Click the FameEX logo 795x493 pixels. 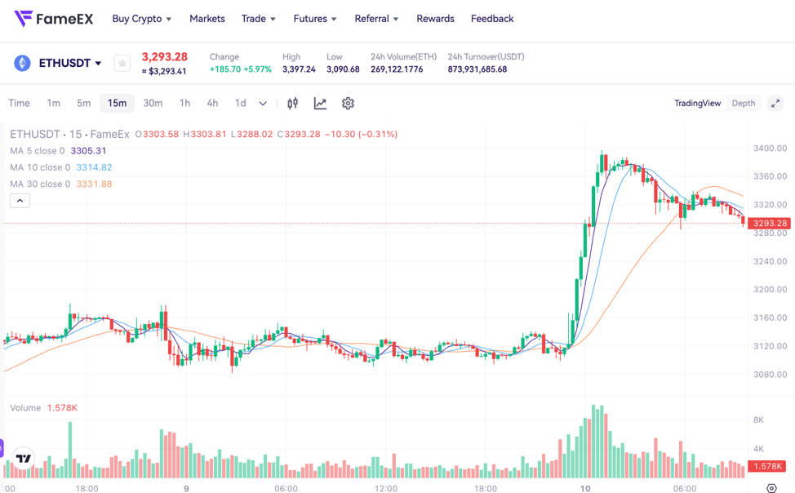coord(53,18)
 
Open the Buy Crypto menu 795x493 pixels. coord(142,19)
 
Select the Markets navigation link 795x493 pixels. coord(207,19)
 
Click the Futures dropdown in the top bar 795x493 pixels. coord(315,19)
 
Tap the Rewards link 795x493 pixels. coord(435,19)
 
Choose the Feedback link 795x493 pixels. coord(492,19)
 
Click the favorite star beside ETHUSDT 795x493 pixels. coord(122,63)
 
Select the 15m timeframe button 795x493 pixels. coord(117,103)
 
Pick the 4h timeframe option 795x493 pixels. coord(212,103)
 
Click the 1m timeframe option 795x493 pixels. coord(53,103)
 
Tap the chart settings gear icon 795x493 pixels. coord(348,103)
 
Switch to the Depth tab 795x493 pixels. coord(743,103)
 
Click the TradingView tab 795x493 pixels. coord(697,103)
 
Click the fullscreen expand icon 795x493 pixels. coord(775,103)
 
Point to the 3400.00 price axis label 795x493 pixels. coord(770,149)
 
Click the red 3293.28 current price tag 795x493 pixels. coord(770,223)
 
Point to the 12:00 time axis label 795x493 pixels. coord(386,489)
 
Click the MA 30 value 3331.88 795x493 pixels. coord(94,184)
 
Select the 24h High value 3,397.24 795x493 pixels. coord(299,69)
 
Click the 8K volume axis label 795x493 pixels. coord(758,420)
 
